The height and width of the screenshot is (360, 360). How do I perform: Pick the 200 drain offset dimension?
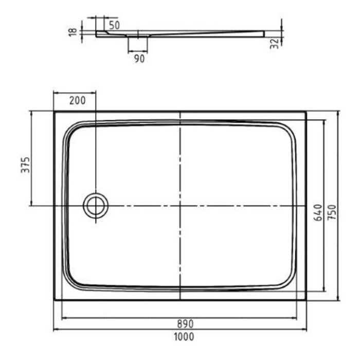77,100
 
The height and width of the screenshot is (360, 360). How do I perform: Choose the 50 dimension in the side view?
114,25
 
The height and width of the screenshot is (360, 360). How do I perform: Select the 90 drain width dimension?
139,59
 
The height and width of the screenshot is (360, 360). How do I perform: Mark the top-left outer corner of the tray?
55,112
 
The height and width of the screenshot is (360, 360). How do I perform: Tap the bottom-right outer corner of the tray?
306,300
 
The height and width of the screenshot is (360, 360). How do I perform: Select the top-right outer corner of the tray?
306,112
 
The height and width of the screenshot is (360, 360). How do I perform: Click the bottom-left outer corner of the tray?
55,300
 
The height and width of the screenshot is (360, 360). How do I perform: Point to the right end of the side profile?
263,34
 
